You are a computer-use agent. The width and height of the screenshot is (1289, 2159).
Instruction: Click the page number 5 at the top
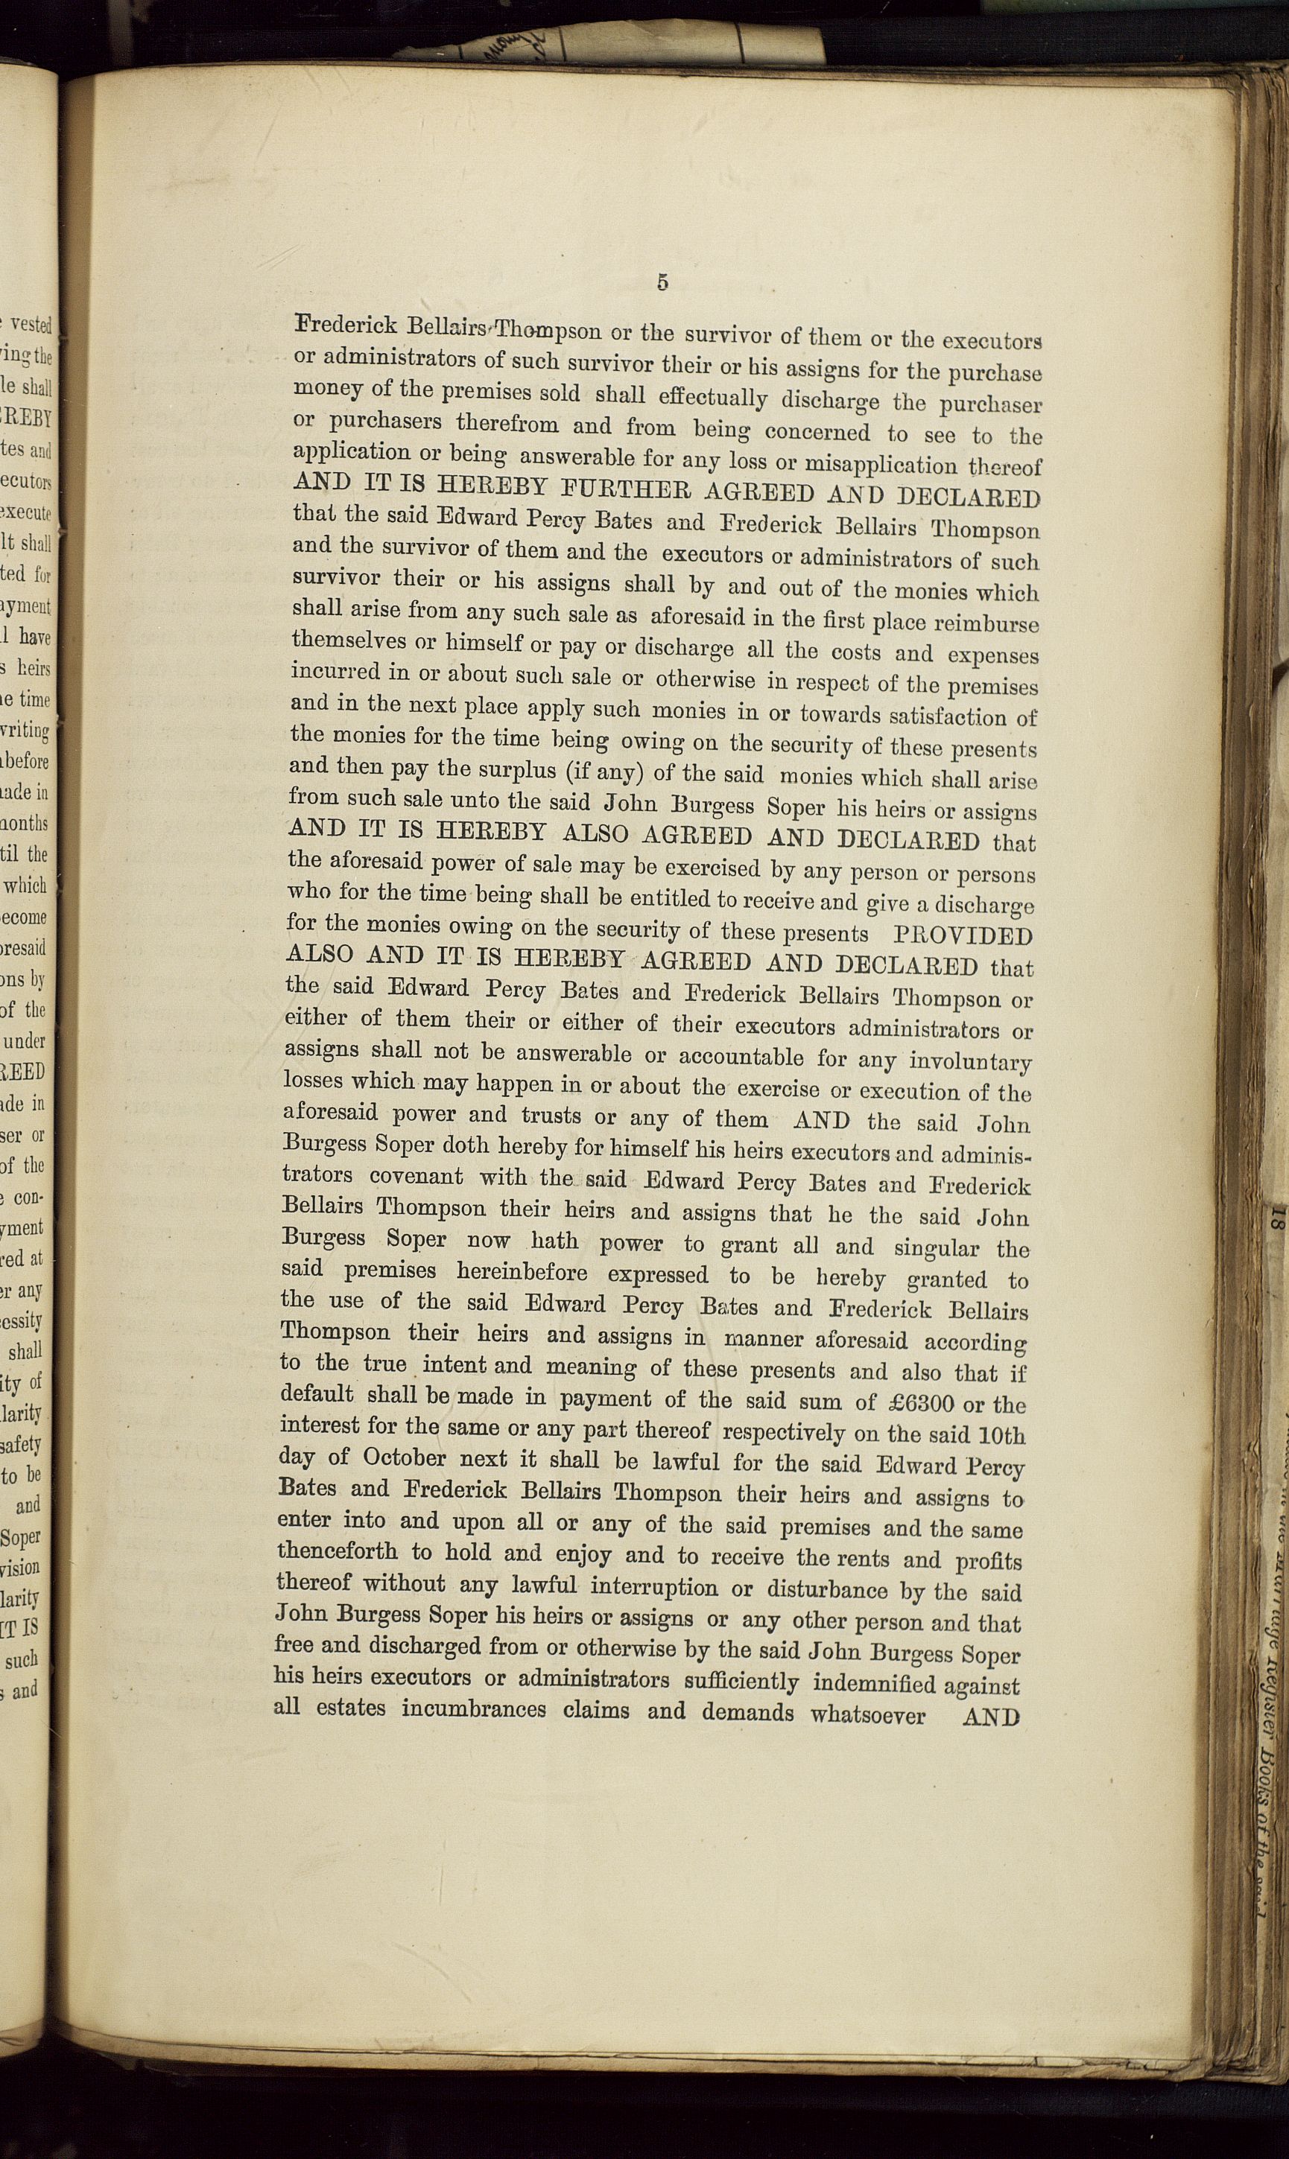pyautogui.click(x=662, y=282)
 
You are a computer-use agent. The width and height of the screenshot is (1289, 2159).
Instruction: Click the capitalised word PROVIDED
pyautogui.click(x=963, y=937)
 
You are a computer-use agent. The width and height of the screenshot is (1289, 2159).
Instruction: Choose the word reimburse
pyautogui.click(x=984, y=623)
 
